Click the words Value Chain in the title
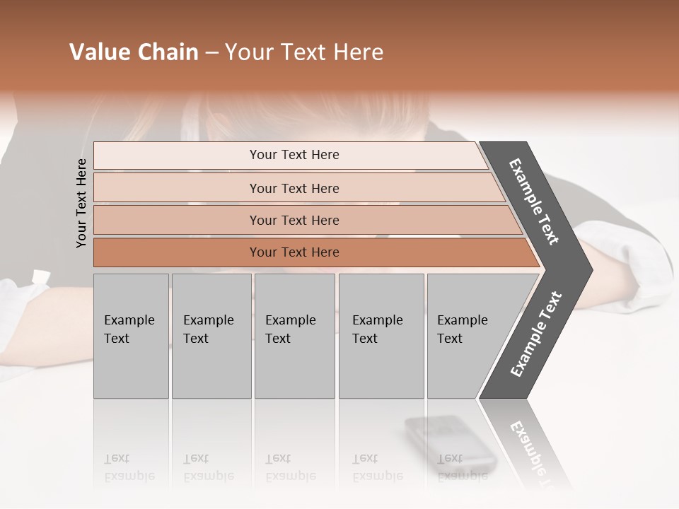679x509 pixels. (x=134, y=52)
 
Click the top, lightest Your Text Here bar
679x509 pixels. (x=294, y=155)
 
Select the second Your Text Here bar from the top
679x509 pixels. (x=294, y=188)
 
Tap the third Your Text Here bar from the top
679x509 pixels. (x=294, y=220)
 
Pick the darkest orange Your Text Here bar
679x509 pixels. (x=294, y=252)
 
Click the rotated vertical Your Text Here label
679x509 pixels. (x=81, y=203)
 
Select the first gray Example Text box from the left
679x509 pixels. (x=131, y=336)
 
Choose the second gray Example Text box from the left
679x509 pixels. (x=210, y=336)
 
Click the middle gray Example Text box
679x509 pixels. (x=294, y=336)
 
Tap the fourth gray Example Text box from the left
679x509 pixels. (x=381, y=336)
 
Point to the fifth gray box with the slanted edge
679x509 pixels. (x=467, y=336)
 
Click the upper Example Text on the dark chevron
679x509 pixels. (x=534, y=201)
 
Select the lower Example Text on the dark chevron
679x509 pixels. (x=536, y=334)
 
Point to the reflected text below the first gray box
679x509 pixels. (x=129, y=467)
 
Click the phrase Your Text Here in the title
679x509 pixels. (x=304, y=52)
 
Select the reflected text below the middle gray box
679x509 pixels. (x=290, y=467)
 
